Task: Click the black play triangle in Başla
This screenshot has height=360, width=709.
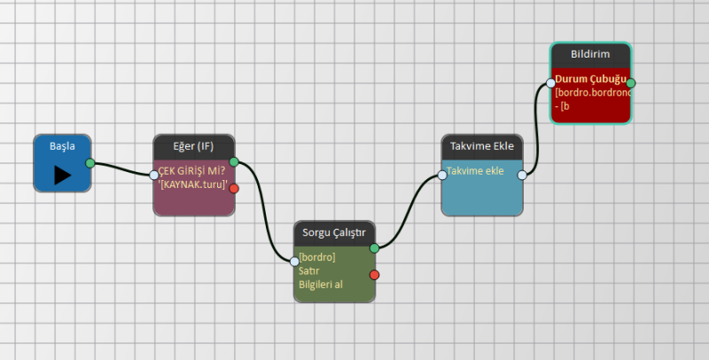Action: pyautogui.click(x=62, y=175)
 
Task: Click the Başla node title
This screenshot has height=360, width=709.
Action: pyautogui.click(x=62, y=145)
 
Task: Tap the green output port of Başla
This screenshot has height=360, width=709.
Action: pyautogui.click(x=90, y=163)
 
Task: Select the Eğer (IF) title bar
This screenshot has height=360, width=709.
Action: pyautogui.click(x=194, y=145)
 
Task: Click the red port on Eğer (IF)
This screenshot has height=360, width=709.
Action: pyautogui.click(x=234, y=188)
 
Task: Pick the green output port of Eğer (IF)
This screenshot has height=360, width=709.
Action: pyautogui.click(x=234, y=161)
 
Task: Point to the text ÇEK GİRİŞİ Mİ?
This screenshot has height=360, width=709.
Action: pyautogui.click(x=191, y=171)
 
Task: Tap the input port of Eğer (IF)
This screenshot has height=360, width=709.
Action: pyautogui.click(x=154, y=175)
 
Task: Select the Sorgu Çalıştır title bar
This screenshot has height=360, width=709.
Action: pyautogui.click(x=334, y=232)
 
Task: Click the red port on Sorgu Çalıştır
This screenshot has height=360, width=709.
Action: pyautogui.click(x=374, y=274)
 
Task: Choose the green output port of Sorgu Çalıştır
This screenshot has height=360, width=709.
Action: pyautogui.click(x=374, y=247)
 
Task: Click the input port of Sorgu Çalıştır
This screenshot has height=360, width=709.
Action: pyautogui.click(x=295, y=261)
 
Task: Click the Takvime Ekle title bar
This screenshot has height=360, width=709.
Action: pyautogui.click(x=481, y=146)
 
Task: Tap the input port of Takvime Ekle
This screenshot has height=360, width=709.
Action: pyautogui.click(x=442, y=175)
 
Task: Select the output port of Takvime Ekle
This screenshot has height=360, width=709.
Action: pyautogui.click(x=522, y=175)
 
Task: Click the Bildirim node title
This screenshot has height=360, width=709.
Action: pyautogui.click(x=589, y=55)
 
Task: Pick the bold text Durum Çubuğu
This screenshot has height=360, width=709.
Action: pyautogui.click(x=590, y=79)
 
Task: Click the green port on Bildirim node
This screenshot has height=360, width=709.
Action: pyautogui.click(x=630, y=82)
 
